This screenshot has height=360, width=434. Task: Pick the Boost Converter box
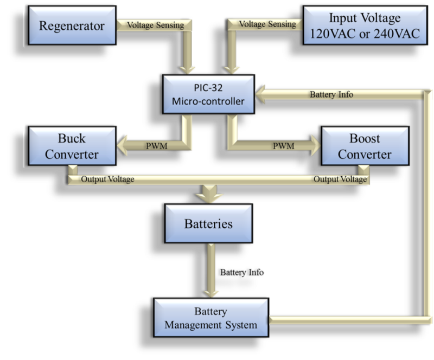point(356,145)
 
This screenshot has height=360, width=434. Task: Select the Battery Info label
point(331,94)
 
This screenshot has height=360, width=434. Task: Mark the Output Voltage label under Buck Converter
point(106,179)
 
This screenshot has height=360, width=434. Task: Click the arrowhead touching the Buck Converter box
point(122,145)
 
